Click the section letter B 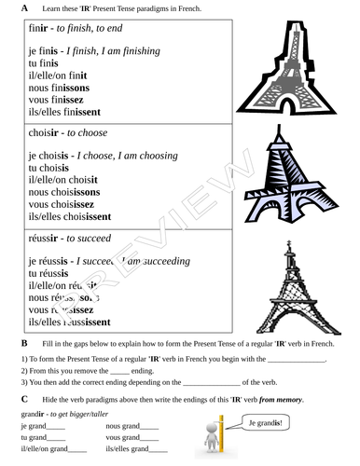point(24,343)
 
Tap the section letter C point(24,399)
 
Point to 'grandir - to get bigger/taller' point(61,414)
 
